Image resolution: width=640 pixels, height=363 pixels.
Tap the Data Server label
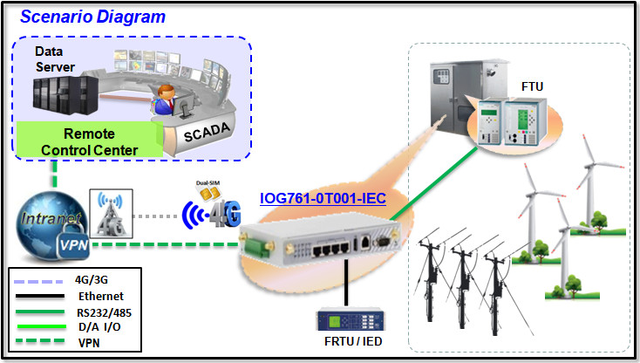55,58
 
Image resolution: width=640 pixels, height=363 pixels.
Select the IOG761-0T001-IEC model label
323,199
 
